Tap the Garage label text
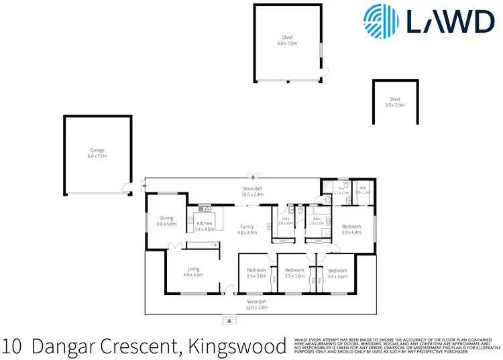pyautogui.click(x=97, y=153)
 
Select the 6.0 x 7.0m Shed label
pyautogui.click(x=286, y=40)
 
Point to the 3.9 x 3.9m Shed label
pyautogui.click(x=395, y=101)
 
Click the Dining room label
pyautogui.click(x=166, y=220)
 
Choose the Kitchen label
pyautogui.click(x=204, y=226)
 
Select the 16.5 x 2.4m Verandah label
pyautogui.click(x=252, y=191)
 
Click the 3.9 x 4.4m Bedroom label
pyautogui.click(x=351, y=229)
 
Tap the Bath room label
pyautogui.click(x=316, y=221)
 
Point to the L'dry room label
pyautogui.click(x=285, y=221)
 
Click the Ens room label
pyautogui.click(x=341, y=190)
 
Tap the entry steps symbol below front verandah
pyautogui.click(x=231, y=320)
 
